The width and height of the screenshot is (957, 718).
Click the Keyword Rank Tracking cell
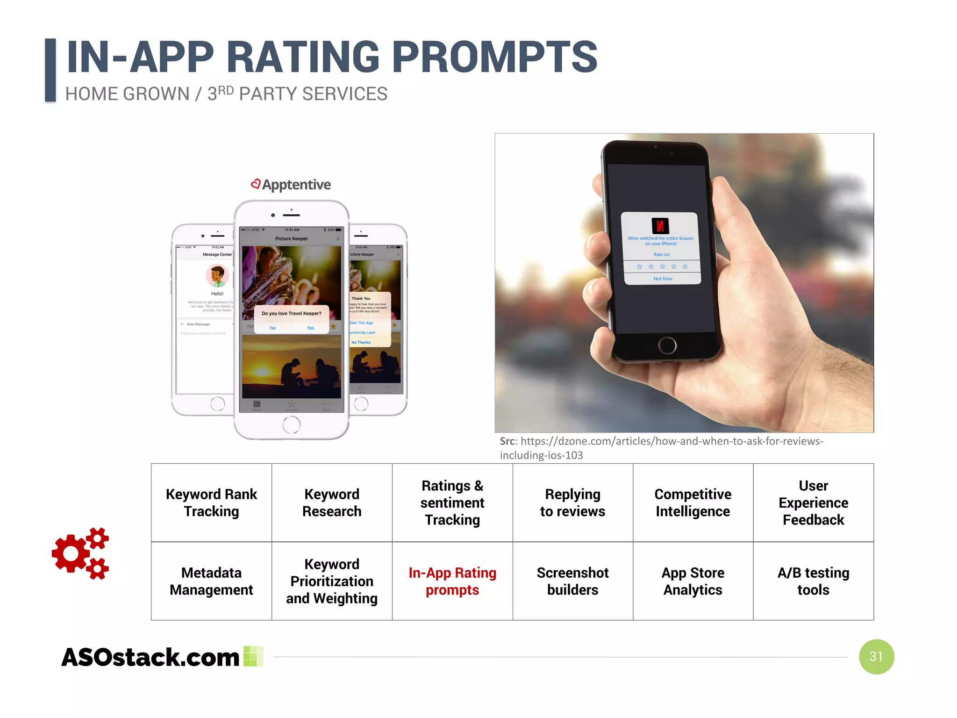[211, 503]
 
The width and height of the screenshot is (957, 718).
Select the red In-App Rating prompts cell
[452, 581]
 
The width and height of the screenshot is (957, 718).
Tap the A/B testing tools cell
[813, 581]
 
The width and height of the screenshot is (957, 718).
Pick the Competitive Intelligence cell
[693, 503]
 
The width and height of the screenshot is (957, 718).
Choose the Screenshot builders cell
[572, 581]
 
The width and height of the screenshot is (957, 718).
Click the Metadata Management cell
[211, 581]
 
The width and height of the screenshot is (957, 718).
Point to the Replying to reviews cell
[572, 503]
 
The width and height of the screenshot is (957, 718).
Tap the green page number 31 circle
[876, 656]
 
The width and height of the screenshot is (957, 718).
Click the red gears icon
[80, 553]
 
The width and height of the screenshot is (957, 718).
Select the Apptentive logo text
[296, 185]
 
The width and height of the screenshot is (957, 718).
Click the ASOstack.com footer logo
[150, 657]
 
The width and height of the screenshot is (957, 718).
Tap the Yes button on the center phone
[310, 328]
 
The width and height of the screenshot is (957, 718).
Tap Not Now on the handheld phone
[663, 279]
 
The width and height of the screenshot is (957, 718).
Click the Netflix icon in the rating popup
[660, 226]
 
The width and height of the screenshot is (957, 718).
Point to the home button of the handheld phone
[667, 345]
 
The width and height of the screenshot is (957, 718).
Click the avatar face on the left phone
[217, 275]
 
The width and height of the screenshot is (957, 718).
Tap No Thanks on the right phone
[361, 342]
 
